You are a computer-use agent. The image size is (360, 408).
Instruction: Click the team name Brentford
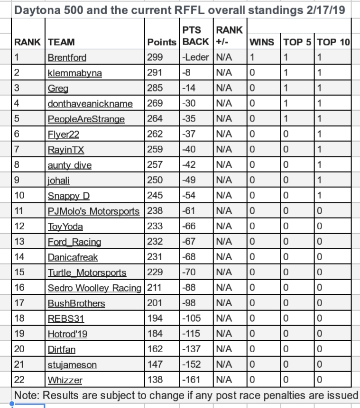[67, 58]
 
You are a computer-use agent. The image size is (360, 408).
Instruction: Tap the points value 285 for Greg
[155, 89]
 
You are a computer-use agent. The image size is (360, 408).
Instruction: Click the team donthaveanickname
[91, 104]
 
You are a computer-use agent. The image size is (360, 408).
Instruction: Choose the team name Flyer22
[64, 134]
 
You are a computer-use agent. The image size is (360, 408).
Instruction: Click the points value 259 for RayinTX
[155, 150]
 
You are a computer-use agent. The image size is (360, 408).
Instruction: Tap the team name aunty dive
[69, 165]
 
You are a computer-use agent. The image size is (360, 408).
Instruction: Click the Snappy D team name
[69, 195]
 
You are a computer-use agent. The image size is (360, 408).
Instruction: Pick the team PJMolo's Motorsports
[94, 211]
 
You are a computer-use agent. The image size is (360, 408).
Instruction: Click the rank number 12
[19, 226]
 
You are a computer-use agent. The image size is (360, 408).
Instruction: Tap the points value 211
[155, 287]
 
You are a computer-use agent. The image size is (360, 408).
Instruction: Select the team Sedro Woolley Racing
[94, 287]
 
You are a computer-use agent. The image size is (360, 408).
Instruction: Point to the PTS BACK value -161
[192, 379]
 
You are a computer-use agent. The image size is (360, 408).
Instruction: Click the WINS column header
[261, 42]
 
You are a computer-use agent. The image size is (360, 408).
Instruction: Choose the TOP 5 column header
[297, 42]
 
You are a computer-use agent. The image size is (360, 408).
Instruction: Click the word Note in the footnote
[25, 395]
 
